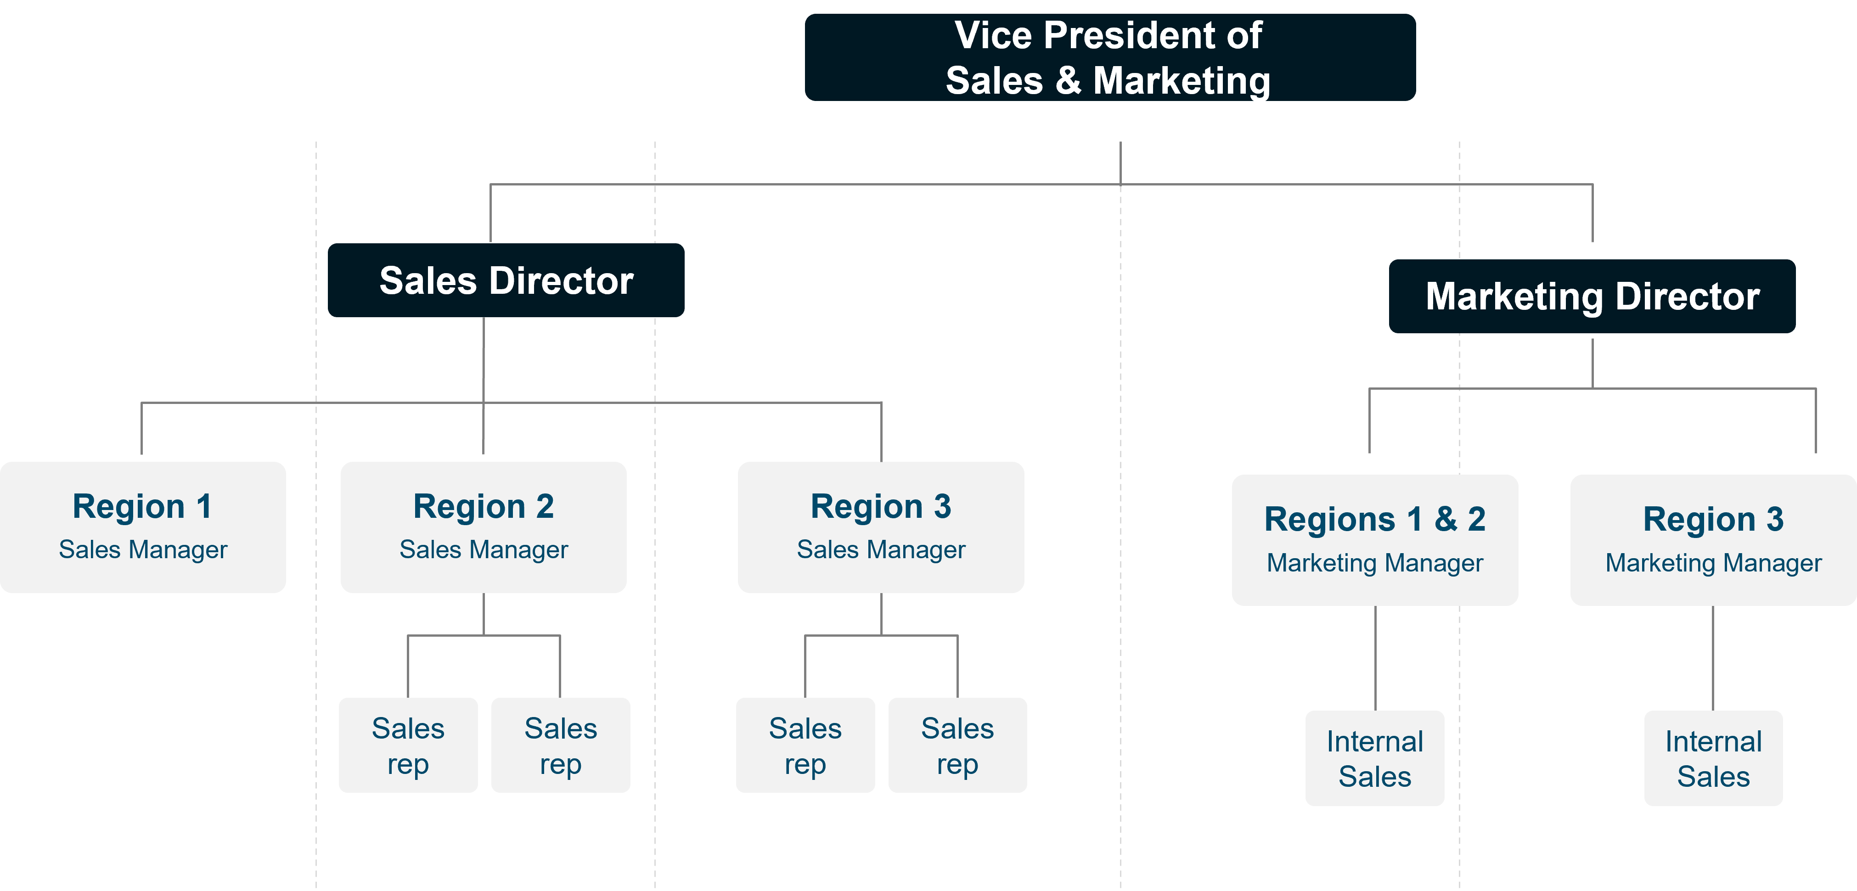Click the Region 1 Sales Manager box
143,527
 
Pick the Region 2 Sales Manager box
483,527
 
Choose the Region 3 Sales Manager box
880,527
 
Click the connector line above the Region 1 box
141,429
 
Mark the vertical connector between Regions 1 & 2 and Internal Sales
1375,657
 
